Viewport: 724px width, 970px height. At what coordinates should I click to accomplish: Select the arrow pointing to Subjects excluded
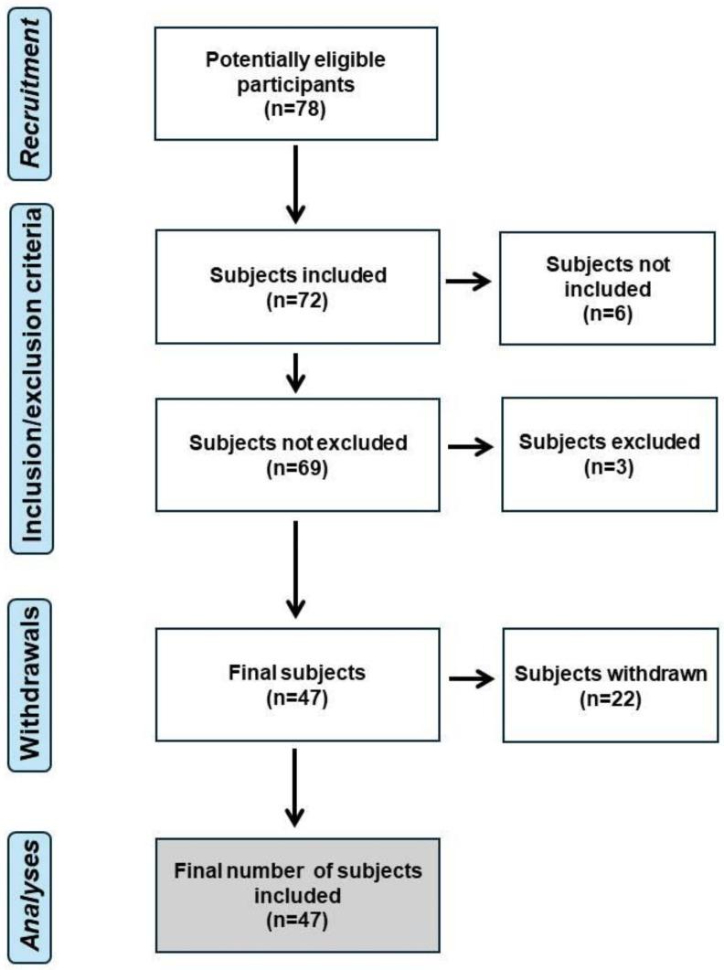click(467, 449)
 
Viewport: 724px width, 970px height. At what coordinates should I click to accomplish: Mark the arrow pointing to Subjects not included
click(467, 282)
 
